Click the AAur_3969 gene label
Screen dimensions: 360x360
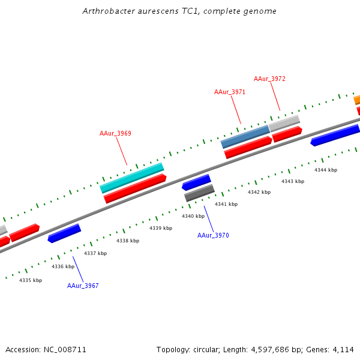click(x=115, y=133)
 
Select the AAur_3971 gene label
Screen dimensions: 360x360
click(x=230, y=92)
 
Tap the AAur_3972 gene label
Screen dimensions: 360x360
click(x=269, y=79)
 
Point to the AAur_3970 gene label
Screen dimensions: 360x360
click(x=213, y=235)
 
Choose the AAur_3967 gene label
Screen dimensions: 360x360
click(x=83, y=286)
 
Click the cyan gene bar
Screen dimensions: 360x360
click(x=132, y=178)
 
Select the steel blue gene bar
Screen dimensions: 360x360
click(x=245, y=137)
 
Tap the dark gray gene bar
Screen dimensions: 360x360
click(x=199, y=193)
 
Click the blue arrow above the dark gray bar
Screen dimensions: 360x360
click(x=196, y=182)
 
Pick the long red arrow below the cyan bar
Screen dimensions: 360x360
click(x=135, y=188)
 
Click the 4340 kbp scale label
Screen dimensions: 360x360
click(x=193, y=216)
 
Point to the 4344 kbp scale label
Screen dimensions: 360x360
click(x=326, y=170)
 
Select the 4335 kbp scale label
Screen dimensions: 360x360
click(x=31, y=280)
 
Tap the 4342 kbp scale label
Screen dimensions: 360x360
click(x=259, y=192)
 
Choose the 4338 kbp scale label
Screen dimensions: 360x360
click(x=128, y=241)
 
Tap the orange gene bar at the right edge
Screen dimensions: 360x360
click(x=356, y=100)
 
